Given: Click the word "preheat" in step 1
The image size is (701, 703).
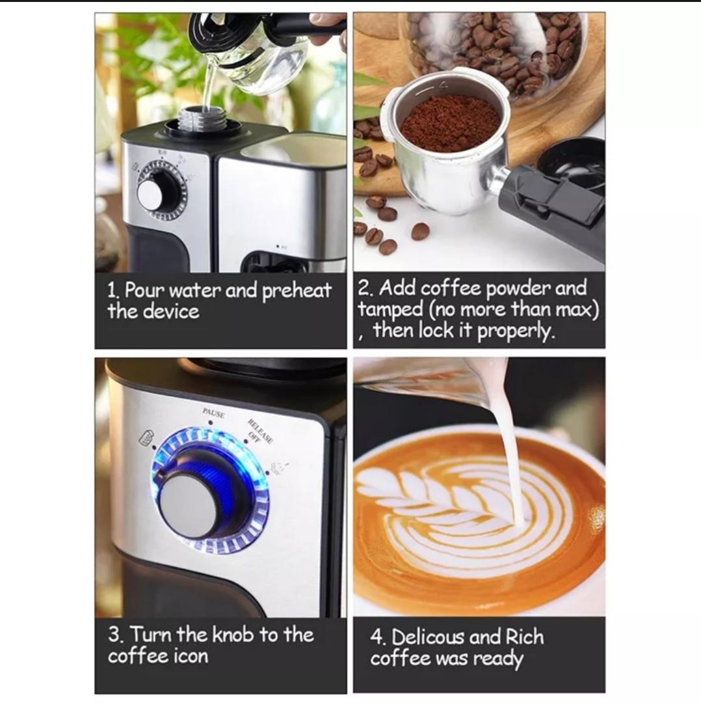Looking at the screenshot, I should point(297,291).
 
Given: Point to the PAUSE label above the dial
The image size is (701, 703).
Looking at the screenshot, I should point(213,413).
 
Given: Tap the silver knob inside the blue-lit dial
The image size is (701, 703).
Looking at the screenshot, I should point(189,505).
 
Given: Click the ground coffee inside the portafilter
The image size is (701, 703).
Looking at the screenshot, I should point(449,122).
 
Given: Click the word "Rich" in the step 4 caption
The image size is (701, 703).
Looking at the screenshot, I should point(523,637).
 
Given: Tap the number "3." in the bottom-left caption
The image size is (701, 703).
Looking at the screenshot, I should point(117,635).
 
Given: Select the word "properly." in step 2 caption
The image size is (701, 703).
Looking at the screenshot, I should point(516,331).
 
